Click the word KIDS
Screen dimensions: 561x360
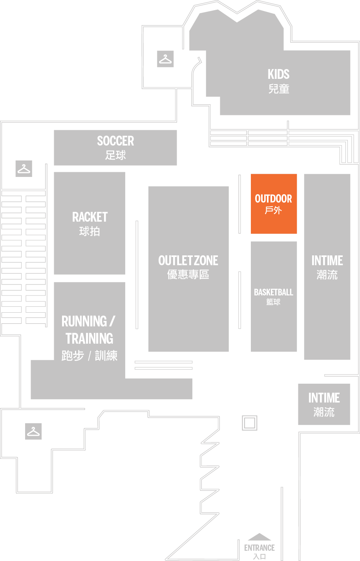click(x=278, y=74)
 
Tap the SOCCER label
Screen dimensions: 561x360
click(x=115, y=141)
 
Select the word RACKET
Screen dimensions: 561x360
click(x=90, y=217)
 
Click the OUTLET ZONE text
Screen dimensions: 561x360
click(x=188, y=260)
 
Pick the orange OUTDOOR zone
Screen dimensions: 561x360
click(x=274, y=204)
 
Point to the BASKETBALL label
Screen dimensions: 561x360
click(x=274, y=292)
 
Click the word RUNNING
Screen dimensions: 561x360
click(x=84, y=321)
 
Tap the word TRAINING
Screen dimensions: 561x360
click(x=90, y=338)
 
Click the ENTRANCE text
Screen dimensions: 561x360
click(x=259, y=548)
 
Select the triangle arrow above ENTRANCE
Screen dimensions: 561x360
click(x=259, y=537)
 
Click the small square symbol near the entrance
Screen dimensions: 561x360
click(x=250, y=423)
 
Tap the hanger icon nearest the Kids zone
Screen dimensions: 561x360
click(x=165, y=59)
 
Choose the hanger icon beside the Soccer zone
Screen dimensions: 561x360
click(x=24, y=169)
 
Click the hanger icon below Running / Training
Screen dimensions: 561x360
click(x=33, y=431)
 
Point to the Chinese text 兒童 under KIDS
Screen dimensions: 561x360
click(x=279, y=89)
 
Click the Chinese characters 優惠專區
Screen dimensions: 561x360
click(x=188, y=275)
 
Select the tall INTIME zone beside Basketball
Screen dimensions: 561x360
click(x=327, y=267)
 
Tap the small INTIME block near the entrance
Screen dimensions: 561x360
click(x=324, y=404)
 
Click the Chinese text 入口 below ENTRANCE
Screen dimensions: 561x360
click(x=259, y=556)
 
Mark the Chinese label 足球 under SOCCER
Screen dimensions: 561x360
click(x=115, y=155)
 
